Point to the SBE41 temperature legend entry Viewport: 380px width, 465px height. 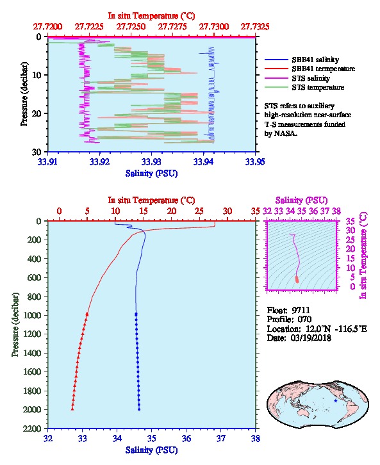point(310,69)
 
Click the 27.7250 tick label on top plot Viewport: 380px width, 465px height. point(131,27)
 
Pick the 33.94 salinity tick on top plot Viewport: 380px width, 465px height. point(204,161)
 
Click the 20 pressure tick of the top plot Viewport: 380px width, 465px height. point(37,113)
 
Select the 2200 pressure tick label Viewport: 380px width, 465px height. point(32,428)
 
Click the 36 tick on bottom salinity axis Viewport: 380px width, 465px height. point(186,438)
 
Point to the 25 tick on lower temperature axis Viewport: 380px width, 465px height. point(199,211)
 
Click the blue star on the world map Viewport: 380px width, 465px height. point(336,401)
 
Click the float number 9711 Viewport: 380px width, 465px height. point(301,310)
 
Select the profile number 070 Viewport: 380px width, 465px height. point(304,320)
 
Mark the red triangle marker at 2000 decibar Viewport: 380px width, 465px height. point(72,409)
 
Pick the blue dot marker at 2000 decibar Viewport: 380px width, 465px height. point(139,409)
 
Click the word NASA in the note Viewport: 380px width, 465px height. point(285,133)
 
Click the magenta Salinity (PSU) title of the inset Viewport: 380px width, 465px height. point(301,200)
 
